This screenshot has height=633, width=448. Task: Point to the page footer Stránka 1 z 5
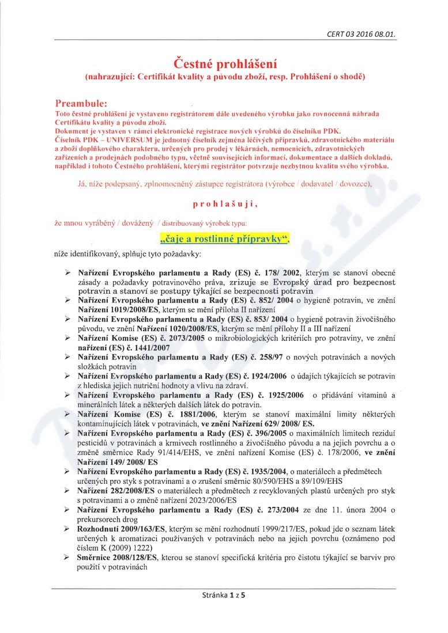click(x=224, y=611)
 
